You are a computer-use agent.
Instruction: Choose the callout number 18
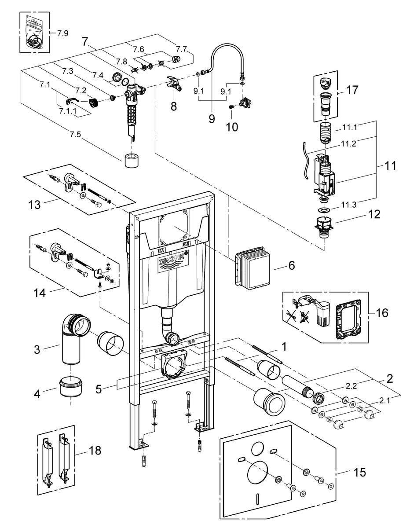click(94, 450)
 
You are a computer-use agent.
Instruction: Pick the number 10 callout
click(231, 128)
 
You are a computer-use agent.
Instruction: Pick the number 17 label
click(352, 90)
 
